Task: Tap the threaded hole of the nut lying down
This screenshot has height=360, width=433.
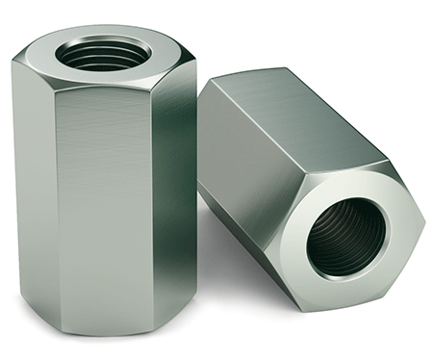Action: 347,235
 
